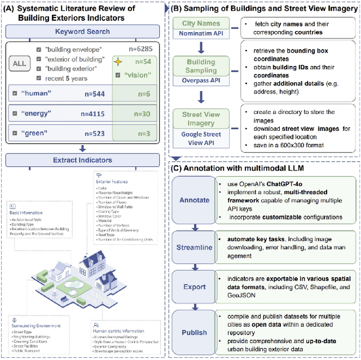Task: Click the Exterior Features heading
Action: coord(112,182)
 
